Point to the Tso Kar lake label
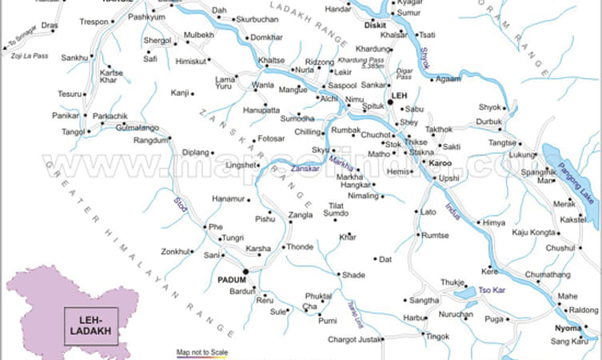coord(492,289)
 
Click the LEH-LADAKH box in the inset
coord(89,322)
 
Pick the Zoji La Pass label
coord(30,56)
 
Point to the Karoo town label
coord(441,163)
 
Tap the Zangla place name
coord(301,215)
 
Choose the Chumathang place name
coord(548,275)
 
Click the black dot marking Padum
coord(245,271)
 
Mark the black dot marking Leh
coord(389,102)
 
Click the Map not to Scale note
coord(201,352)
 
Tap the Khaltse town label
coord(271,61)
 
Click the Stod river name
coord(181,206)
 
